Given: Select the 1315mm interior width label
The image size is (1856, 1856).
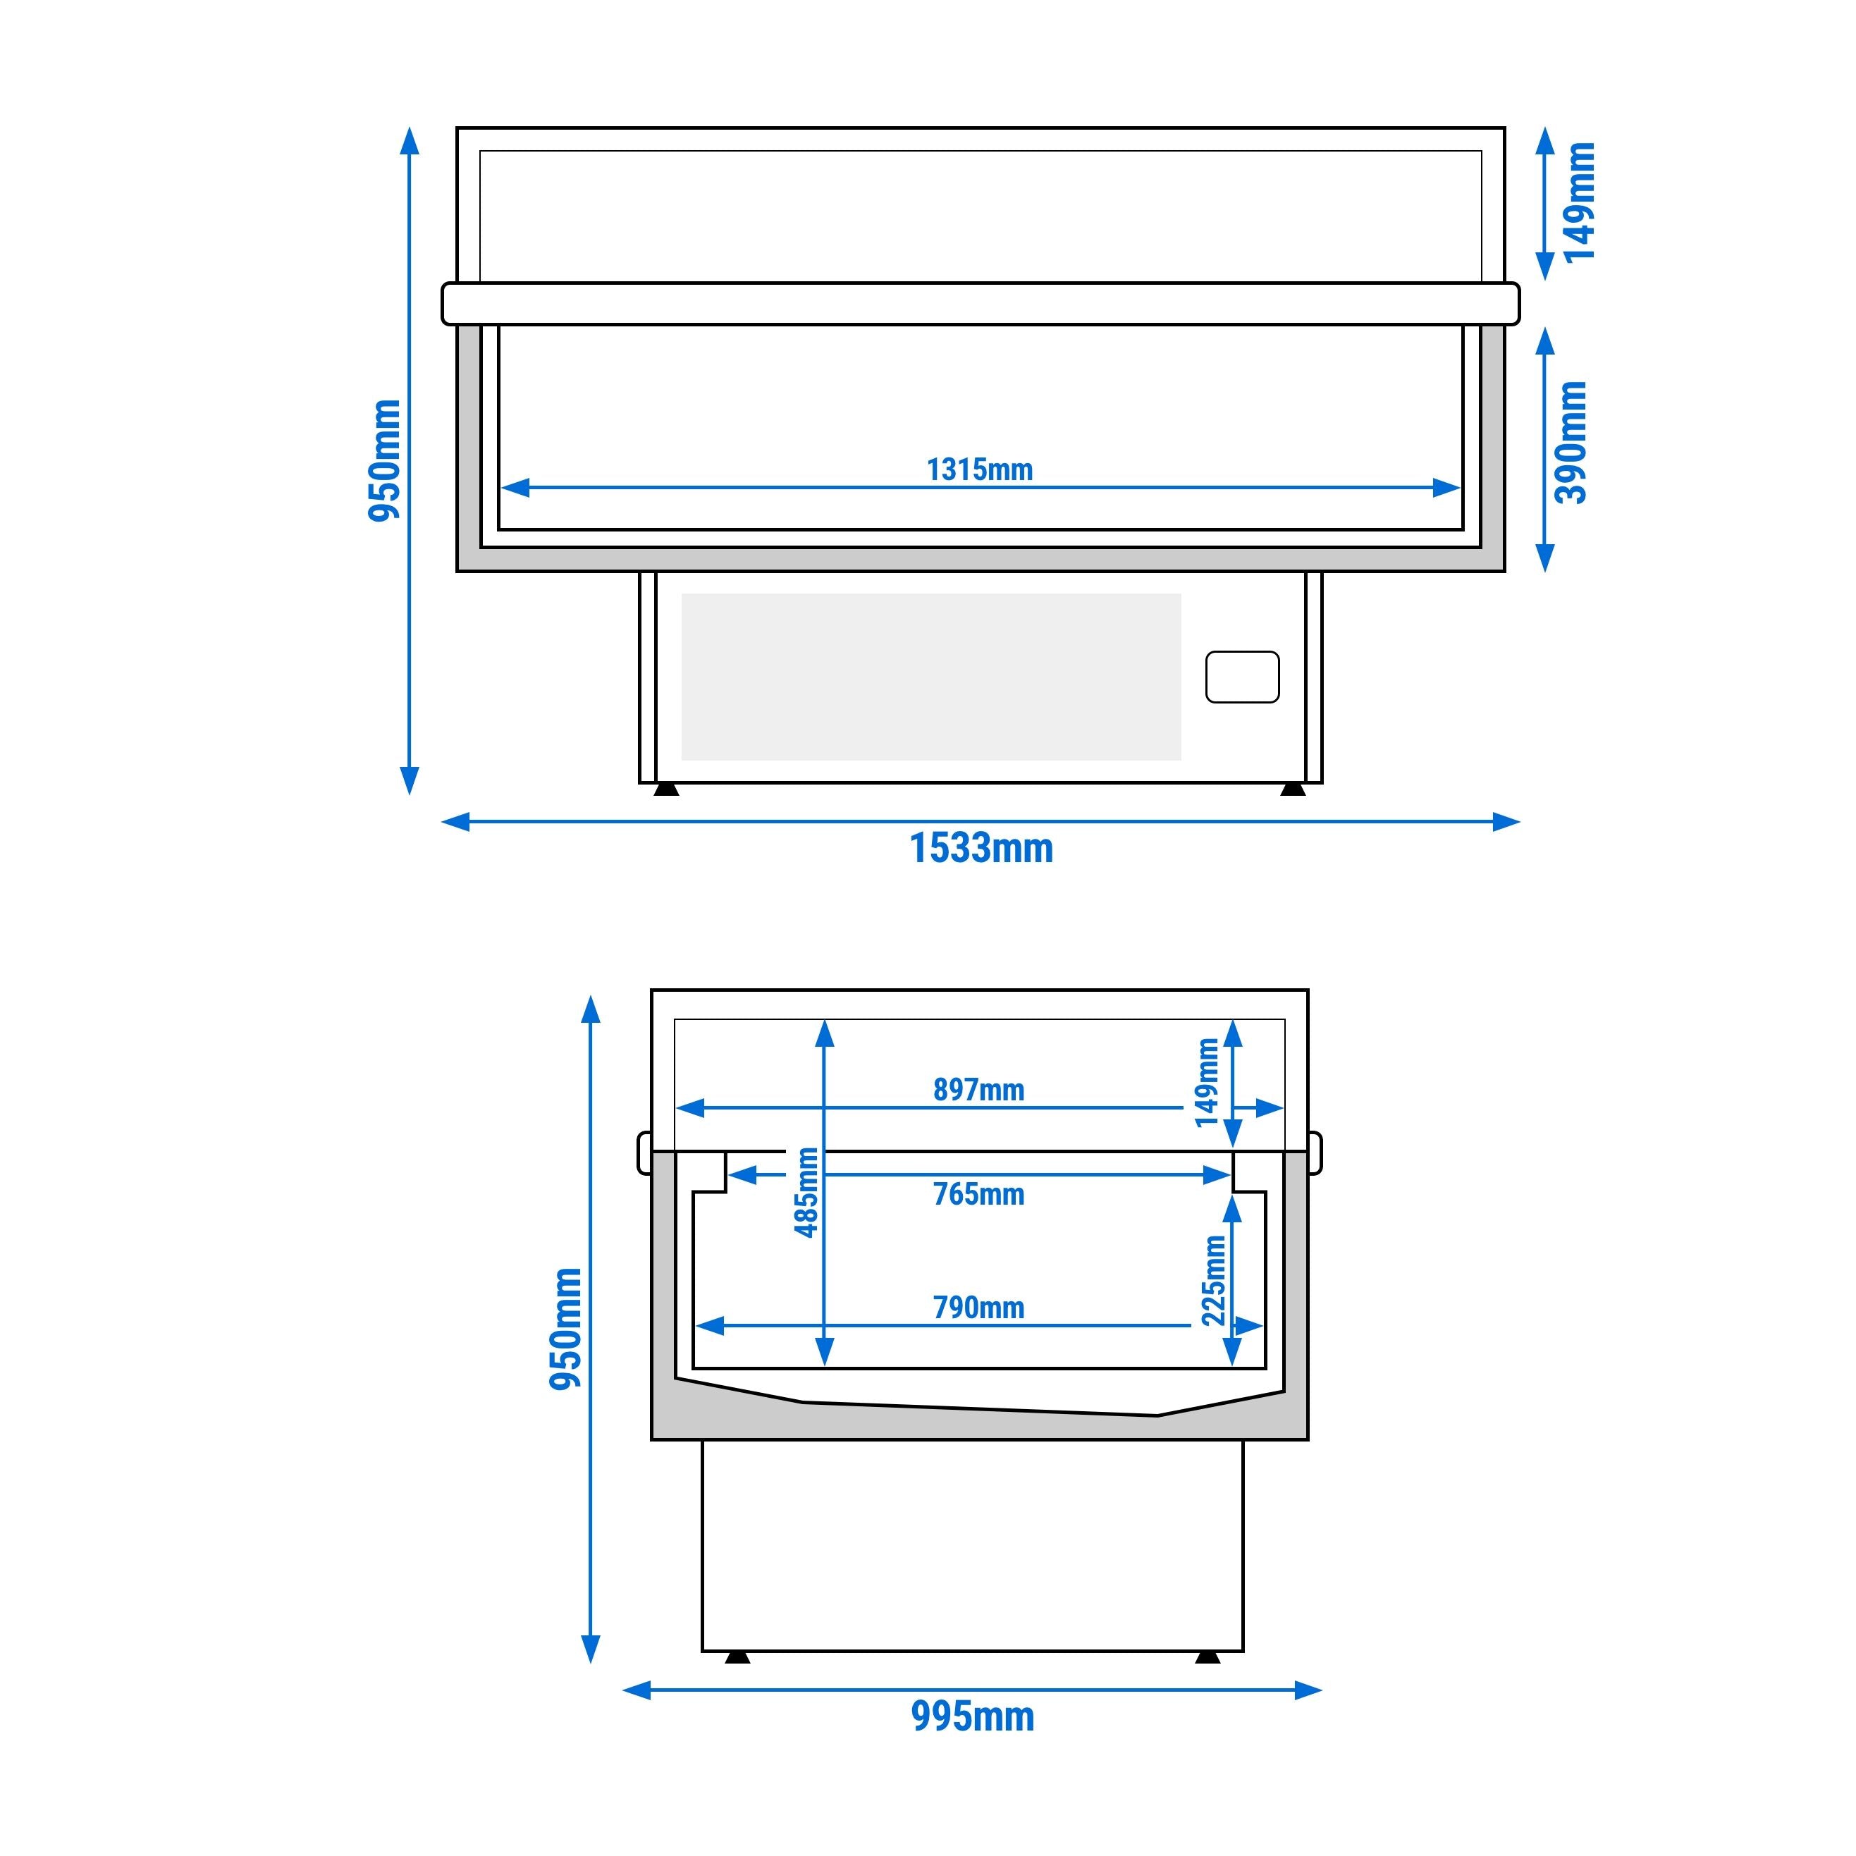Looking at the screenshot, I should click(x=979, y=469).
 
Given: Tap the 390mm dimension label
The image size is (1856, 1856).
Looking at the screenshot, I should click(x=1572, y=443).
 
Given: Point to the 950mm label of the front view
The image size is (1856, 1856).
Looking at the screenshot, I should click(x=384, y=461).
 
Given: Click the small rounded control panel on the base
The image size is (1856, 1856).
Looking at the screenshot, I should click(x=1241, y=677).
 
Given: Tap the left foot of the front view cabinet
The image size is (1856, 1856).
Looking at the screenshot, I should click(x=665, y=789).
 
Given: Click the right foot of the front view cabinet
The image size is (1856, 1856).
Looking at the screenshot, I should click(x=1292, y=789).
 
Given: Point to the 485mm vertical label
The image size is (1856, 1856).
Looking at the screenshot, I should click(x=807, y=1192).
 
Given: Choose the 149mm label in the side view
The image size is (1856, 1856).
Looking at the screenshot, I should click(x=1207, y=1083).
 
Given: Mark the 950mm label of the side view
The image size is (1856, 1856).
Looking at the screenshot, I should click(x=566, y=1329).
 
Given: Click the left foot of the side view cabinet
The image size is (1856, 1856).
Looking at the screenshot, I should click(x=737, y=1657).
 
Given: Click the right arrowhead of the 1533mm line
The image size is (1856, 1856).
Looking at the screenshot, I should click(x=1506, y=821).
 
